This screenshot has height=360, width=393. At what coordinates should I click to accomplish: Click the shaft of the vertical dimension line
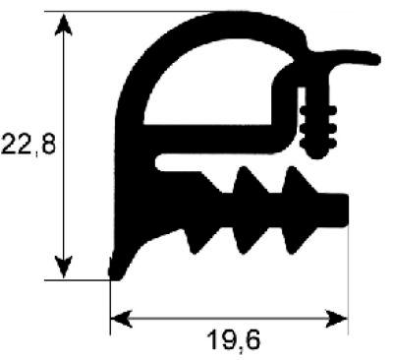(x=64, y=148)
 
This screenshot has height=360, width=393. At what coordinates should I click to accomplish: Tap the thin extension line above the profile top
(x=138, y=13)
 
